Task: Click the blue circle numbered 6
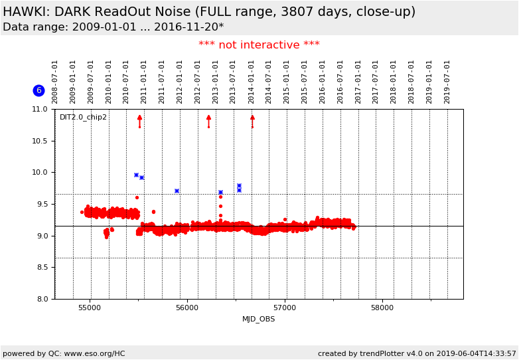click(x=38, y=90)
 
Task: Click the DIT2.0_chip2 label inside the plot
click(x=83, y=118)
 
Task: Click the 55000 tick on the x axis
click(x=90, y=308)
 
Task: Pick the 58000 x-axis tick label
click(x=382, y=308)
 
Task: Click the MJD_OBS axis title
click(x=259, y=319)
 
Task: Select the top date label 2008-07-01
click(x=55, y=82)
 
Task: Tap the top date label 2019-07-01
click(x=447, y=82)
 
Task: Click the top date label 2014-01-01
click(x=252, y=82)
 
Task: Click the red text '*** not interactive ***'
click(x=259, y=45)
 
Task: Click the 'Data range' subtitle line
click(x=113, y=27)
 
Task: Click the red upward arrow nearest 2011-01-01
click(x=139, y=120)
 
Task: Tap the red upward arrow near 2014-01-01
click(x=252, y=120)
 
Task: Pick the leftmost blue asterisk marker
click(x=136, y=175)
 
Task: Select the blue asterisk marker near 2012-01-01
click(x=177, y=191)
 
